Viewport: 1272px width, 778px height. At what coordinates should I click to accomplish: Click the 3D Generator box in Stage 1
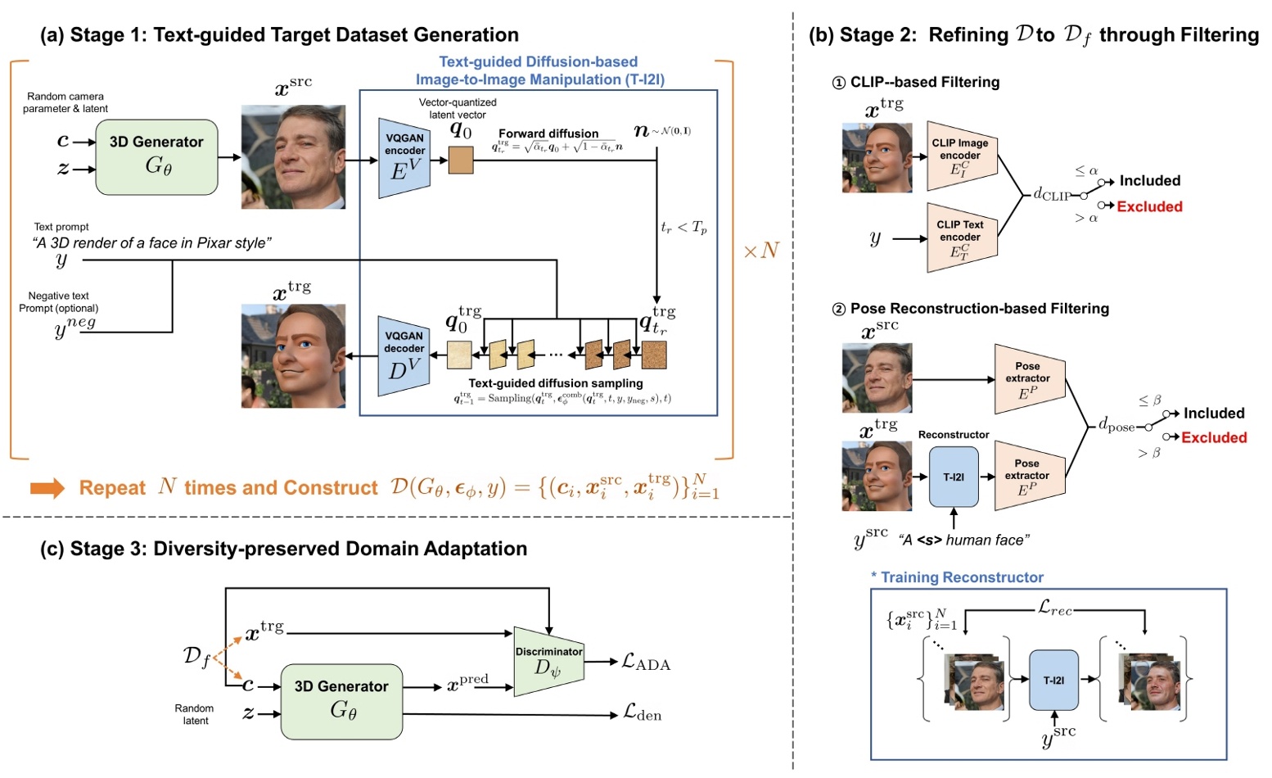156,156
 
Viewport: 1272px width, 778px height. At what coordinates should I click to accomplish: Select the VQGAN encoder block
404,157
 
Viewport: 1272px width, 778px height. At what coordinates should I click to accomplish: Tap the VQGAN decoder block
404,355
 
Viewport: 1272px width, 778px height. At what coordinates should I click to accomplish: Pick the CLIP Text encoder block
961,237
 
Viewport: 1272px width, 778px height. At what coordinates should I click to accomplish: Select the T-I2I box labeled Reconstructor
954,477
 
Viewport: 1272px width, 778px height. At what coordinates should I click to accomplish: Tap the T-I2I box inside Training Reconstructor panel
1053,680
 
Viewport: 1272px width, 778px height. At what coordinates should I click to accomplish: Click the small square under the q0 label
461,160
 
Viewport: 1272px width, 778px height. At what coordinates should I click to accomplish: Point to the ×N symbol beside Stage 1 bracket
760,251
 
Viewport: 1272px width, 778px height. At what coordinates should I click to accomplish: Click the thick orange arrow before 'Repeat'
47,488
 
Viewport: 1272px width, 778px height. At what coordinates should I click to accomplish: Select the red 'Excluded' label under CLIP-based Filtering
1149,206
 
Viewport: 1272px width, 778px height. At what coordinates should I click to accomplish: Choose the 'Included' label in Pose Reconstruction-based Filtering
1213,414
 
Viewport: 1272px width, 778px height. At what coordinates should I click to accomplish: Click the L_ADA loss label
646,663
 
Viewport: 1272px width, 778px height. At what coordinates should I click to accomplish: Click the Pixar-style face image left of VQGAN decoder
293,355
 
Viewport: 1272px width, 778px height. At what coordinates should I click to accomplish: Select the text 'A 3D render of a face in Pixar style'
151,242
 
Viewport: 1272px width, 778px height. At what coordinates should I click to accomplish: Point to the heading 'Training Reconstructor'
962,577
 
